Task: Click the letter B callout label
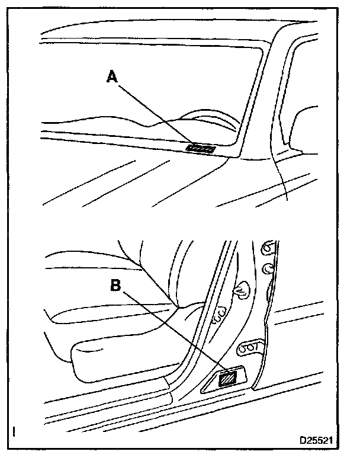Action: pos(117,286)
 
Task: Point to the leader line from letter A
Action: pos(157,114)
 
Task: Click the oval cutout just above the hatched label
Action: pos(249,347)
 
